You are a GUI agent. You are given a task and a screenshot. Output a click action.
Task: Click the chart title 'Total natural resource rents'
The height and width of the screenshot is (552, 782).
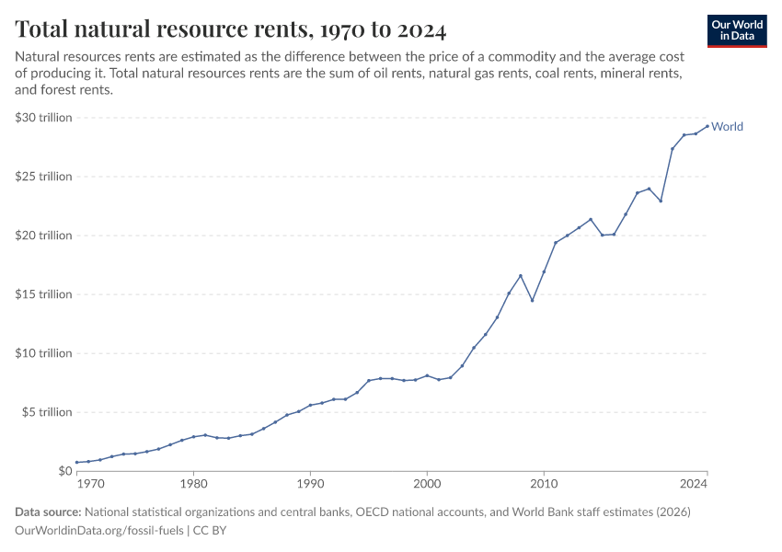[x=231, y=30]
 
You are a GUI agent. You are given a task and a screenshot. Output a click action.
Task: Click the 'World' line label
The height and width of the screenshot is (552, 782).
[x=727, y=127]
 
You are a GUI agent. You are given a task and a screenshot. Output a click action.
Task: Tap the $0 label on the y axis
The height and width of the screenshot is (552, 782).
[x=64, y=471]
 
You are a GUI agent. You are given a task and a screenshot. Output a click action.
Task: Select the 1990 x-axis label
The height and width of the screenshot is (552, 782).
[x=310, y=482]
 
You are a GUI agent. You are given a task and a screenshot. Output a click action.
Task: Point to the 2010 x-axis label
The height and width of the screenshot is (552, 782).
[x=544, y=482]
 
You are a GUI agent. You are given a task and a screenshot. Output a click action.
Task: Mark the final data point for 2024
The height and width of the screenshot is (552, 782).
[x=707, y=126]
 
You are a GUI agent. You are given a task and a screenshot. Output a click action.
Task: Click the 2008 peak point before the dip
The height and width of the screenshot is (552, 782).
[x=521, y=276]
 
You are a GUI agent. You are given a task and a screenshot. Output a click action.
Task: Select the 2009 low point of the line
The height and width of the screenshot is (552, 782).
[x=532, y=300]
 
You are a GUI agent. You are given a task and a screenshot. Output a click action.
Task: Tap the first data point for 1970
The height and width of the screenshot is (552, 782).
[x=77, y=462]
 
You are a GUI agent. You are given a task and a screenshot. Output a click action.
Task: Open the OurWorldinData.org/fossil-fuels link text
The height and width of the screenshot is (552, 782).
[x=100, y=531]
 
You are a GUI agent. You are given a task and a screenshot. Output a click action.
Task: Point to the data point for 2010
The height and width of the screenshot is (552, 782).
[x=544, y=271]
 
